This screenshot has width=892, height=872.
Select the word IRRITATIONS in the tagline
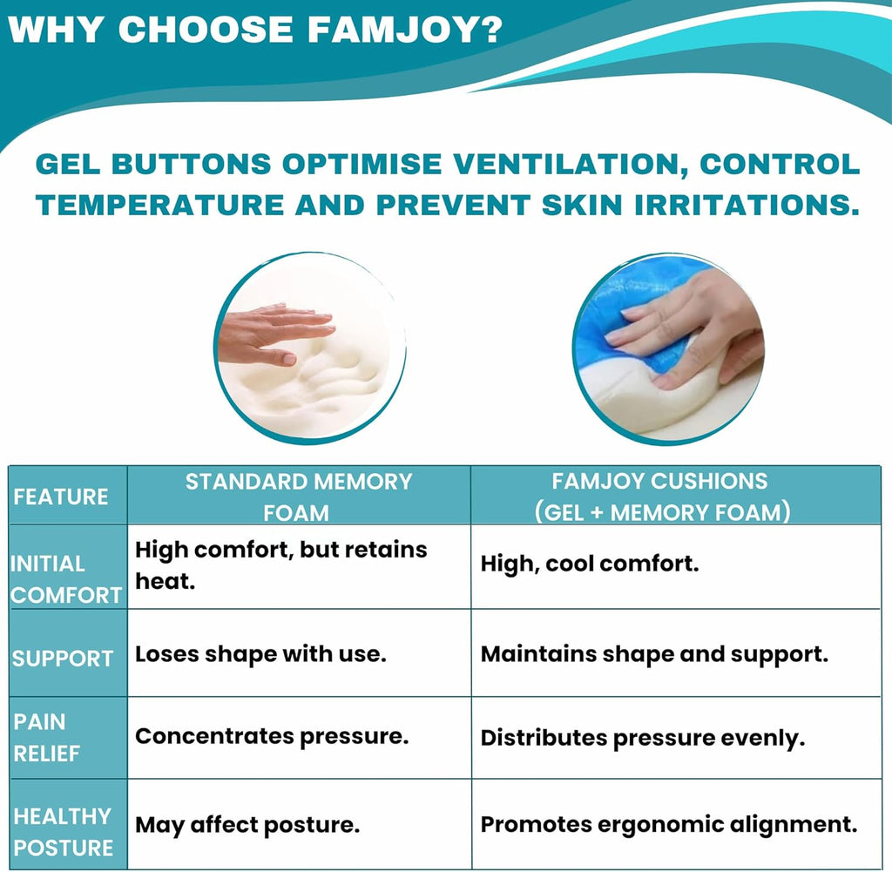[x=747, y=206]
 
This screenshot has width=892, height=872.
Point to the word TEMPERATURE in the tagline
[x=160, y=206]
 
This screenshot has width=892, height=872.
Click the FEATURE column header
[x=61, y=497]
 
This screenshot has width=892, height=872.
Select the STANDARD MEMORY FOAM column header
[x=299, y=497]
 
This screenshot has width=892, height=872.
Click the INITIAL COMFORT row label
[x=66, y=579]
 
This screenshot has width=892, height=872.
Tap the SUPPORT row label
[x=63, y=658]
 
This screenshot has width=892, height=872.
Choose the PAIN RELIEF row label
[x=47, y=738]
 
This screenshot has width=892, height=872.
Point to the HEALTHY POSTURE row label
[x=63, y=832]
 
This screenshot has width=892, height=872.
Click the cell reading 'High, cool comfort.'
[x=590, y=564]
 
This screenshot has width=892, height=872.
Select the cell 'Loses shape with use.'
[x=260, y=654]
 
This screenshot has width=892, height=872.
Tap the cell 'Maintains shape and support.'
[x=654, y=655]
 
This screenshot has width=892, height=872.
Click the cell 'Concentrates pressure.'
[x=272, y=737]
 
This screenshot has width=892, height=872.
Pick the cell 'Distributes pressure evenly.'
[x=643, y=739]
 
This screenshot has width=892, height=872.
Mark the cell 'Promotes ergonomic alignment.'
[x=669, y=825]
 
